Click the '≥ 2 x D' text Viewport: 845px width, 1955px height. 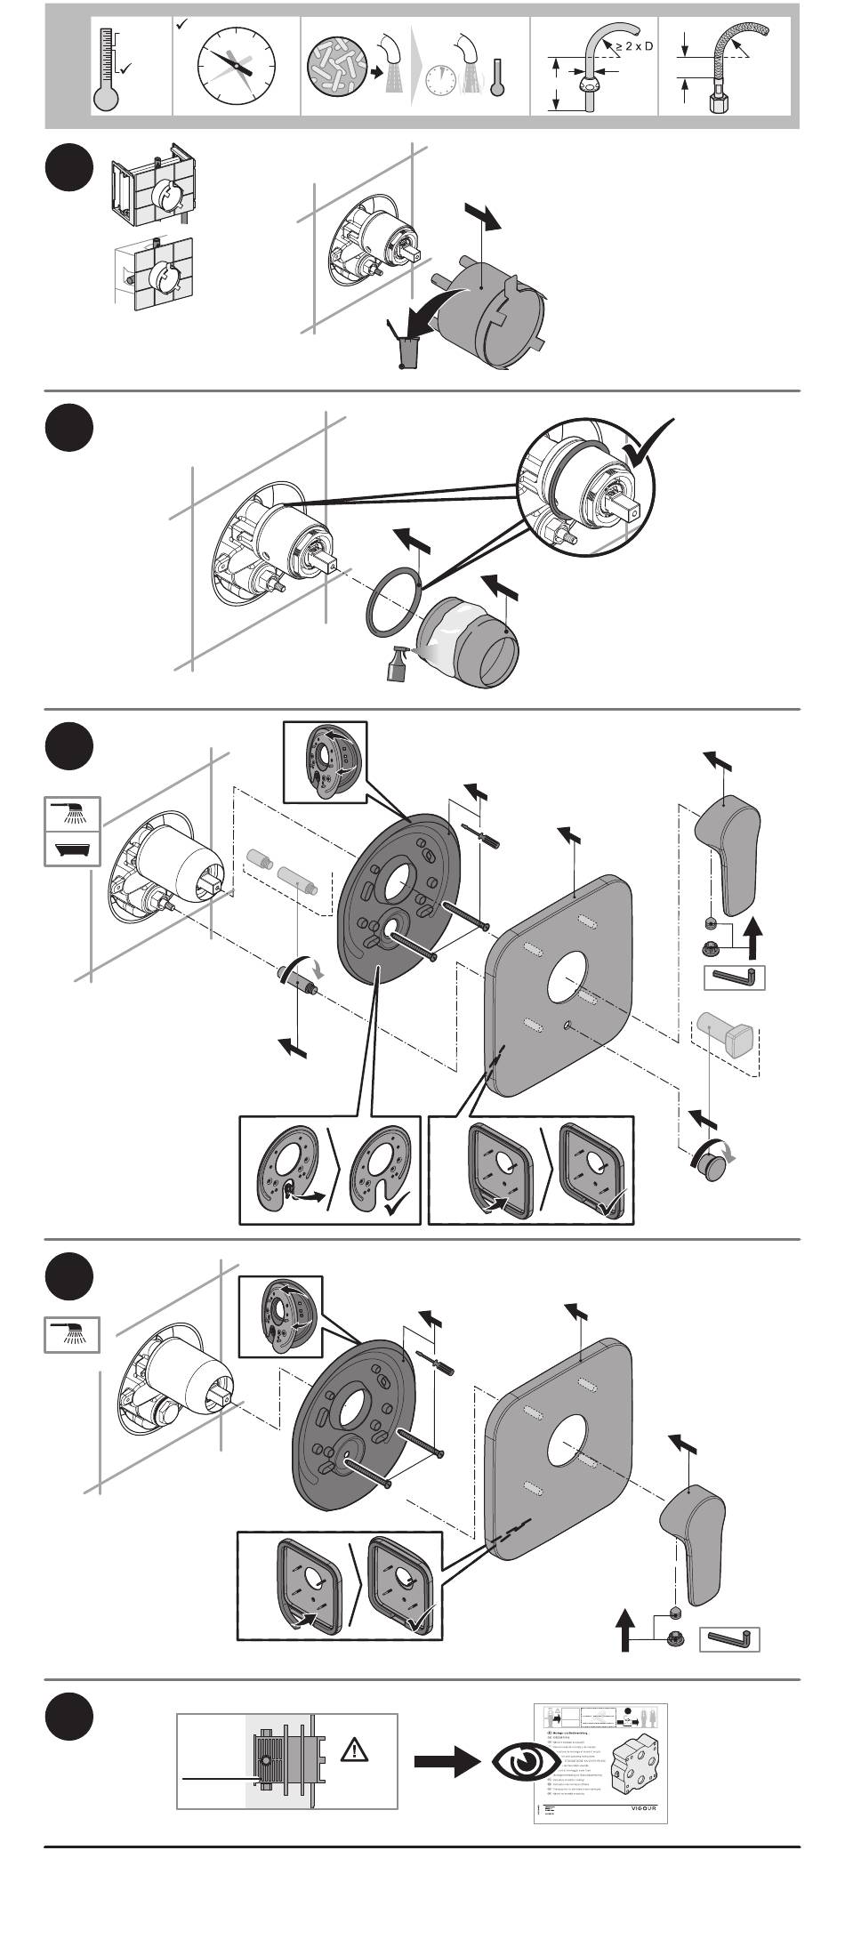point(632,45)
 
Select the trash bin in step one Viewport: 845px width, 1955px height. point(408,350)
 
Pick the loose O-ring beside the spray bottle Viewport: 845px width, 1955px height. point(392,600)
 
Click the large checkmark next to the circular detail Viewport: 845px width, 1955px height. point(650,442)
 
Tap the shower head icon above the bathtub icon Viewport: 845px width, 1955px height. point(72,812)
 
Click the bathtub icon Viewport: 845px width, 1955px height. point(72,848)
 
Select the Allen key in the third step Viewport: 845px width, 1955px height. point(734,978)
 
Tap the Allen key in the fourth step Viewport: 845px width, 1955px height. point(729,1638)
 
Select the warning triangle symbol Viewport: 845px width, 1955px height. point(355,1751)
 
